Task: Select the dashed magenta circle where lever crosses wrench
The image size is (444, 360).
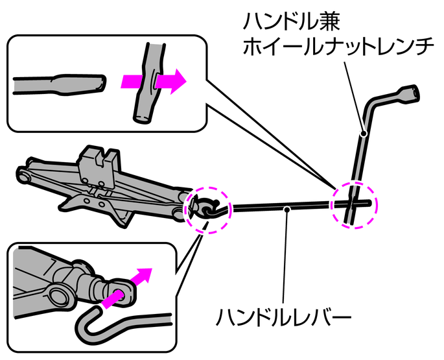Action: tap(354, 204)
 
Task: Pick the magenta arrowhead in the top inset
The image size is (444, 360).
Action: tap(175, 81)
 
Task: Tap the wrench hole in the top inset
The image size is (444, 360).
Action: tap(154, 81)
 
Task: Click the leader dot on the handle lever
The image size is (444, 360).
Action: tap(286, 209)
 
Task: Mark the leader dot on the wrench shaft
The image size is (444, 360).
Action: tap(363, 134)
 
